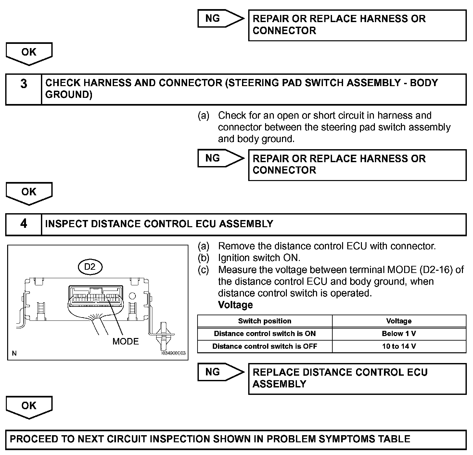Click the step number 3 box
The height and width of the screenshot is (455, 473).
[24, 89]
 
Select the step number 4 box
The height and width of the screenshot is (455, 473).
[24, 224]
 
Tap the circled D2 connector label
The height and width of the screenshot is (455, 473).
[90, 267]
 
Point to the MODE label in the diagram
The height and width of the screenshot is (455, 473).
[125, 341]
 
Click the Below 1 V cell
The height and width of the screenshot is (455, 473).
[399, 334]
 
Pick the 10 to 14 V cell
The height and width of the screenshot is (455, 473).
[399, 346]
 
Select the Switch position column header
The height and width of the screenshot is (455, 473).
[264, 321]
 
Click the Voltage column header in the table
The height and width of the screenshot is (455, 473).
[399, 321]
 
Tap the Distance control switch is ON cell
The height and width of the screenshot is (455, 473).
[264, 334]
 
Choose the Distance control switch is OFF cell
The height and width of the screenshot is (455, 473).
[264, 346]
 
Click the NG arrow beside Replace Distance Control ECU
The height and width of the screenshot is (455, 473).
[220, 372]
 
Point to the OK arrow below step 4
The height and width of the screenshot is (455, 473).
[29, 407]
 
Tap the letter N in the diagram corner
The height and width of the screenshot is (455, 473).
[14, 353]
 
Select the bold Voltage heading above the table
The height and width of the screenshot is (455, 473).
[235, 305]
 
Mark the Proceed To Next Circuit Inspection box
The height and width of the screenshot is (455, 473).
[236, 439]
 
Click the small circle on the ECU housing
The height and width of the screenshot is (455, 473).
[132, 296]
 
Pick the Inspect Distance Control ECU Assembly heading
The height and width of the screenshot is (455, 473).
[159, 224]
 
